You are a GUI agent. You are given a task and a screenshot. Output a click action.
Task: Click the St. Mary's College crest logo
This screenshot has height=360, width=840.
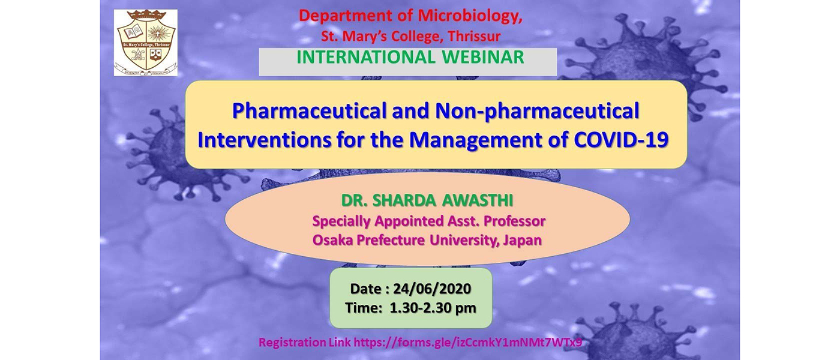145,43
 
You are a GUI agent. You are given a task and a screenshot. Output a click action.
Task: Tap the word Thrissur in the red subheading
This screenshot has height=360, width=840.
474,37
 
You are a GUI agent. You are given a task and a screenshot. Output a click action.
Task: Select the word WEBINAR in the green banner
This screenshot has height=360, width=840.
483,58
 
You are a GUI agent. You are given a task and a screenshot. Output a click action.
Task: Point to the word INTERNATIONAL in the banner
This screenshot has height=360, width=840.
366,58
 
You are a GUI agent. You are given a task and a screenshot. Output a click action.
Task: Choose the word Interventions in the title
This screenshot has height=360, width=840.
265,140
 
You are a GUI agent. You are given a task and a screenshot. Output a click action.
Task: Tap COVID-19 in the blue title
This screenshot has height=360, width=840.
621,140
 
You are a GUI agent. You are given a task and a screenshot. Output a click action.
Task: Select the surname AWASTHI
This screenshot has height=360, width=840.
478,200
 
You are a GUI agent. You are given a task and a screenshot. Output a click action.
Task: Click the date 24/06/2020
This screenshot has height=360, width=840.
432,289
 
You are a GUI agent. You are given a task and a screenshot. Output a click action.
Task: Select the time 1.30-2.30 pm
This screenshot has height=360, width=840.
433,308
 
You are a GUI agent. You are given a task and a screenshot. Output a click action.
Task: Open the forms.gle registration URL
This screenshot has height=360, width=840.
467,343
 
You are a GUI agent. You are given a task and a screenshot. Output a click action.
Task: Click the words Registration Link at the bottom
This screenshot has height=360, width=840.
305,343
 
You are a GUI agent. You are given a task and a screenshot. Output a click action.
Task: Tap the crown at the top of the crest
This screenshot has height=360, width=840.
146,16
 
